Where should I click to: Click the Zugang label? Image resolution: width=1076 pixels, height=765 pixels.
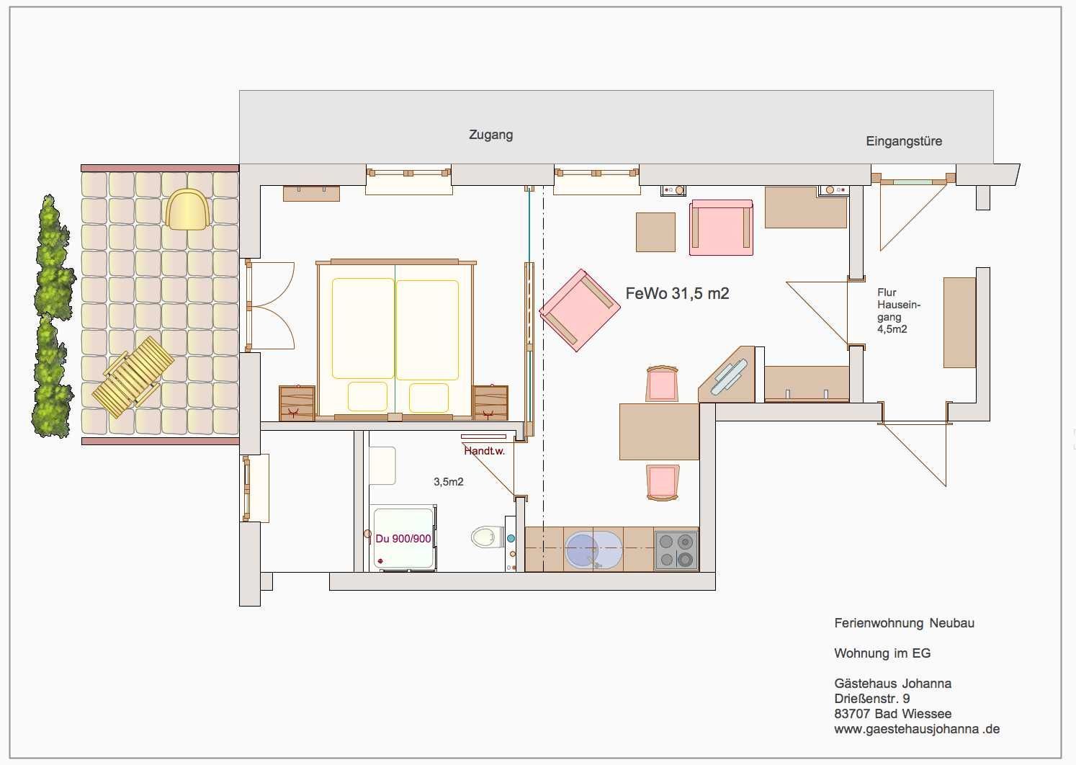[490, 135]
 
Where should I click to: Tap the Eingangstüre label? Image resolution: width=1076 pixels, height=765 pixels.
[904, 141]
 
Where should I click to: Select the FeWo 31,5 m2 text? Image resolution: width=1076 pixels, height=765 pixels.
[677, 293]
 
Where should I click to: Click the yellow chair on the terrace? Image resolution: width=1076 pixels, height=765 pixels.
[187, 209]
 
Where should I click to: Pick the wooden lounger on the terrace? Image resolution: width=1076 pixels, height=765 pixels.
[133, 377]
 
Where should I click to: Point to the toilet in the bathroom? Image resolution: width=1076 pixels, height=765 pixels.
[487, 537]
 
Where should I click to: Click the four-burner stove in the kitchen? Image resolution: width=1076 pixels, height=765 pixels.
[676, 550]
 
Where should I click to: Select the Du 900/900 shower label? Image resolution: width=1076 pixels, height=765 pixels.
[403, 539]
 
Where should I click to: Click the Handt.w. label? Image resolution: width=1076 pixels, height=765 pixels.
[484, 451]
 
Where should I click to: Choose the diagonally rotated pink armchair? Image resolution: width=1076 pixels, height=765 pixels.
[579, 310]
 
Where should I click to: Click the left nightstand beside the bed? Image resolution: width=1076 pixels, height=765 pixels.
[297, 403]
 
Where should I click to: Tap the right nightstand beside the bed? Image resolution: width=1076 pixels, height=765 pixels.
[490, 403]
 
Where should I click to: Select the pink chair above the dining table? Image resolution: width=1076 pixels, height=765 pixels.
[662, 383]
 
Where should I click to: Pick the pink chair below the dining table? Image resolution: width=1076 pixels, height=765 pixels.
[663, 483]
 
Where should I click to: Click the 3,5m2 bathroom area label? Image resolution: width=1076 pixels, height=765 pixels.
[448, 482]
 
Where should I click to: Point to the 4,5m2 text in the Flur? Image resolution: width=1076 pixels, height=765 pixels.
[892, 329]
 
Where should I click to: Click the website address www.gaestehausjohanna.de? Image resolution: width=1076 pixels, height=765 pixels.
[917, 729]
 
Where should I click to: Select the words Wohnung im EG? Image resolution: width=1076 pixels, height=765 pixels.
[882, 653]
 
